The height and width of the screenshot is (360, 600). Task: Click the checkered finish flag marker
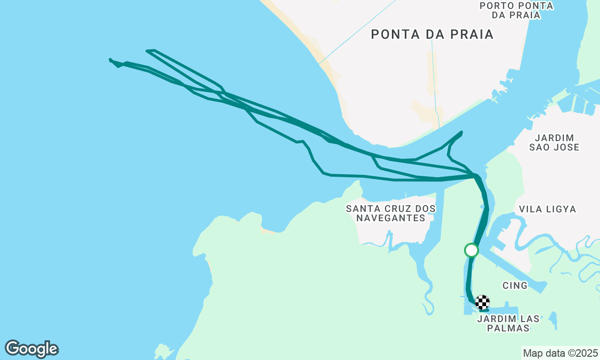pyautogui.click(x=482, y=302)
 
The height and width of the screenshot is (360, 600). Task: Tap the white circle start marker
pyautogui.click(x=471, y=250)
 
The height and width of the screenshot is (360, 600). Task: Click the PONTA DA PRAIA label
pyautogui.click(x=432, y=34)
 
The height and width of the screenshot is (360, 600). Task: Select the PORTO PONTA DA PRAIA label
pyautogui.click(x=517, y=10)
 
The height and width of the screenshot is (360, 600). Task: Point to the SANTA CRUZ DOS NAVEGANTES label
pyautogui.click(x=391, y=213)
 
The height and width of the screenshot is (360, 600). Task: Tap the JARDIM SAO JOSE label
pyautogui.click(x=555, y=142)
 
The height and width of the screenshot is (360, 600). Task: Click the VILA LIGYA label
pyautogui.click(x=547, y=209)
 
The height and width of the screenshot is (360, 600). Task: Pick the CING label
pyautogui.click(x=515, y=285)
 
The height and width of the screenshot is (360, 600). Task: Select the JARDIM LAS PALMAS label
pyautogui.click(x=508, y=323)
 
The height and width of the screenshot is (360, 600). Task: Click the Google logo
pyautogui.click(x=31, y=349)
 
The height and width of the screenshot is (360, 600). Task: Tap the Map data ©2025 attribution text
pyautogui.click(x=561, y=353)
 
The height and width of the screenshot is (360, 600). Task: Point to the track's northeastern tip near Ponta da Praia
pyautogui.click(x=462, y=132)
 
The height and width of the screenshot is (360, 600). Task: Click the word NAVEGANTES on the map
pyautogui.click(x=391, y=218)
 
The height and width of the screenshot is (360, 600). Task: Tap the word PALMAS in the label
pyautogui.click(x=508, y=328)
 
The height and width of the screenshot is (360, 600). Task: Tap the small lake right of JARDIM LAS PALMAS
pyautogui.click(x=554, y=321)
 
